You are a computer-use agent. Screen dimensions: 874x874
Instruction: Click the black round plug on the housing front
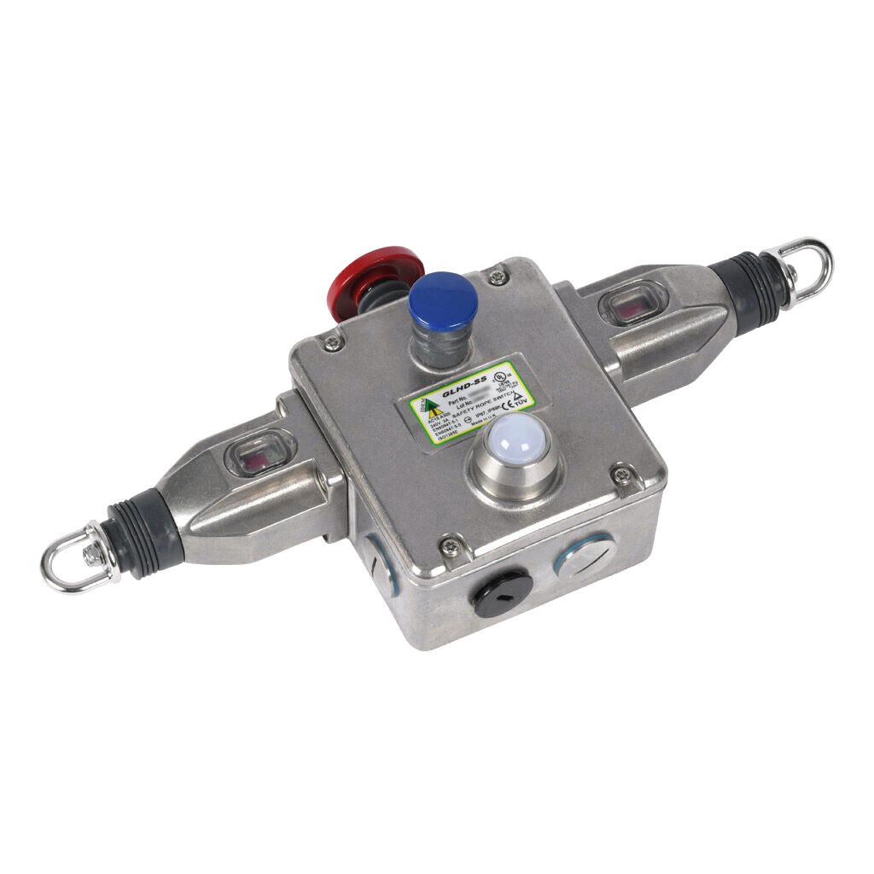point(500,592)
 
